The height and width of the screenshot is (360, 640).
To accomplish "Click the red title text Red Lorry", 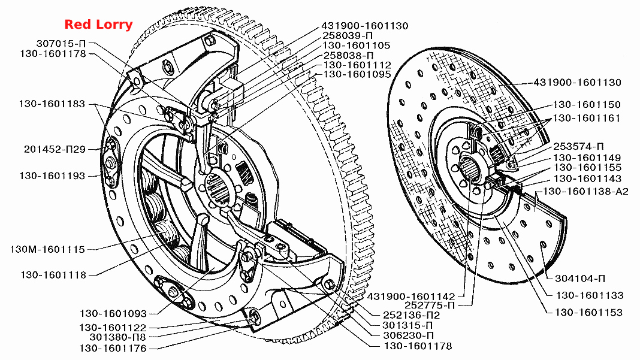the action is pos(98,25).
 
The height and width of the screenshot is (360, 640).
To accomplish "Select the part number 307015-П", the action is pos(61,43).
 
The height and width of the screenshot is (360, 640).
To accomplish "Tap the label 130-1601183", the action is pos(52,104).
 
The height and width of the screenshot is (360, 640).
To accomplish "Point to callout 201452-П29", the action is pos(55,149).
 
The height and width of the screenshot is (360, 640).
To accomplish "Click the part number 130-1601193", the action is pos(52,176).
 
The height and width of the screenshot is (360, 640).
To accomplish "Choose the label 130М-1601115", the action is pos(47,249).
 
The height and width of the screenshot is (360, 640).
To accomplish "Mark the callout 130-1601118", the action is pos(53,275).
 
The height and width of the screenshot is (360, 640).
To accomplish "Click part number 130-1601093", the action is pos(113,314).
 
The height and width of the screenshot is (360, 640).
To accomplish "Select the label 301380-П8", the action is pos(117,337).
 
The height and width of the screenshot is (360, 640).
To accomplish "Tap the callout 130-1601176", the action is pos(113,349).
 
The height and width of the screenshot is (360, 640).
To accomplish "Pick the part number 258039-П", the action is pos(348,35).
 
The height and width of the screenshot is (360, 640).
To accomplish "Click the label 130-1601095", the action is pos(357,75).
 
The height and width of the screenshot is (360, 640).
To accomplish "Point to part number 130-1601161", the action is pos(587,119).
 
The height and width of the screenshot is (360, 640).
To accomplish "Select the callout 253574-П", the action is pos(578,147).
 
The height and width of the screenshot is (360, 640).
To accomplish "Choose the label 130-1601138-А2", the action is pos(585,192).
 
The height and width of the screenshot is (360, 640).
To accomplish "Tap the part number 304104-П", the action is pos(580,279).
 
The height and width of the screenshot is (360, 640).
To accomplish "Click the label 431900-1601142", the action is pos(411,297).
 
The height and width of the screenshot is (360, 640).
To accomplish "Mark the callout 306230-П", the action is pos(408,335).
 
